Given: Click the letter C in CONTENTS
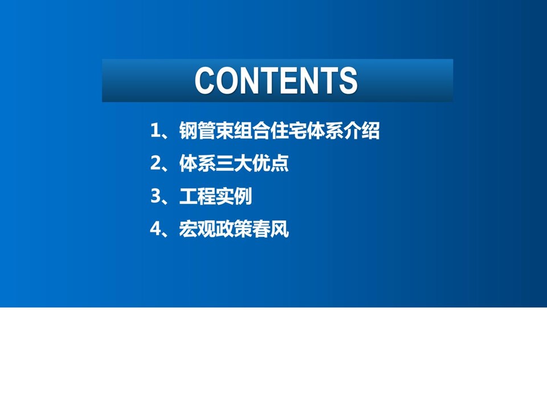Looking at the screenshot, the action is (x=204, y=80).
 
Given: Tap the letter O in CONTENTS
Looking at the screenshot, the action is (x=226, y=80).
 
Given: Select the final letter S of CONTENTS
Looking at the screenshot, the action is (x=348, y=80).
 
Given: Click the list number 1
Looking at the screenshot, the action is (x=155, y=131).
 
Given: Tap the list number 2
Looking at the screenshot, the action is (x=155, y=163).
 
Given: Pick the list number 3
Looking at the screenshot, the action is (x=155, y=196).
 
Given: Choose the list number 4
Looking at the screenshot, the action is (x=155, y=229).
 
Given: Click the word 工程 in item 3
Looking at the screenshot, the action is (x=198, y=196).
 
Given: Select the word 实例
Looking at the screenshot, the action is (x=234, y=196).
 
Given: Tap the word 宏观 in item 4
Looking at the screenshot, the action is (x=198, y=229).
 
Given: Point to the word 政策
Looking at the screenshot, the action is (x=234, y=229).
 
